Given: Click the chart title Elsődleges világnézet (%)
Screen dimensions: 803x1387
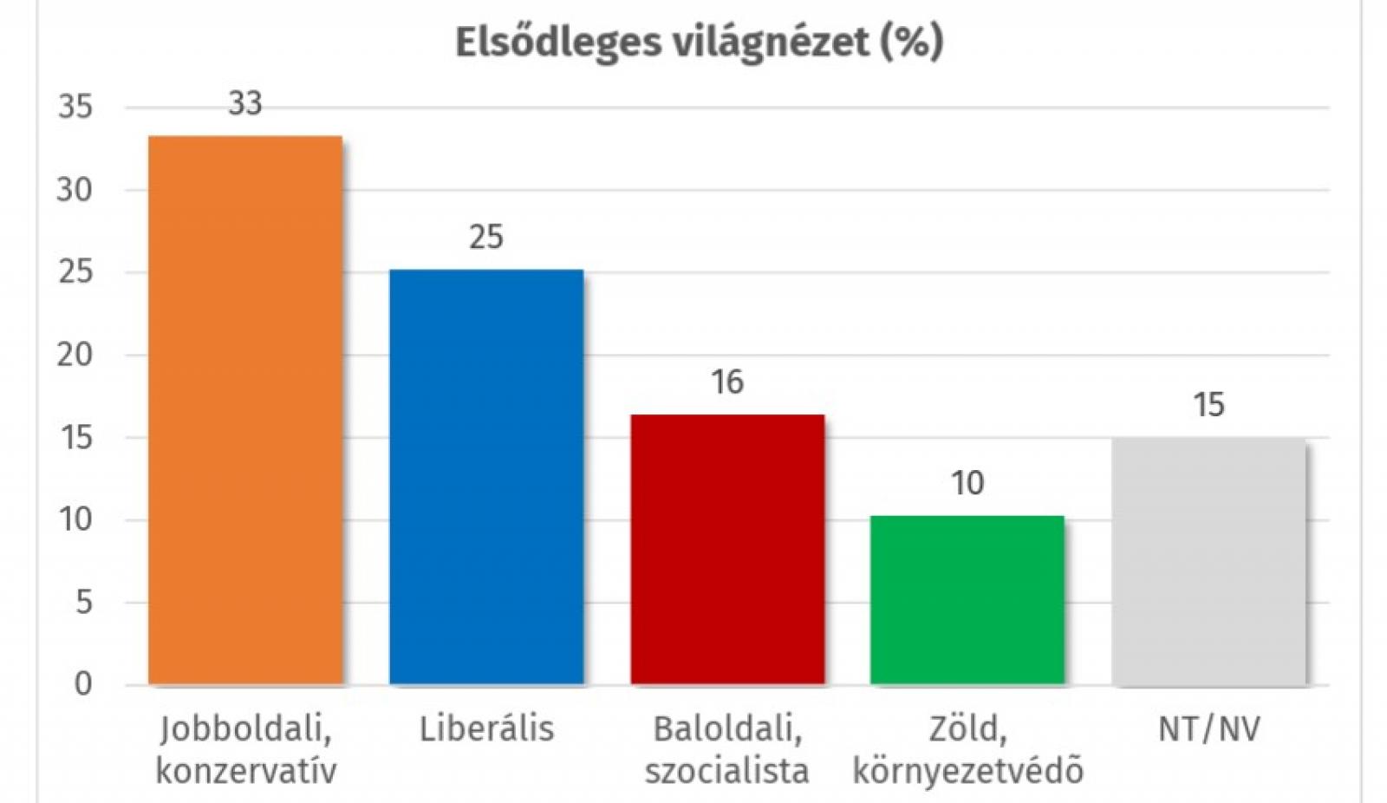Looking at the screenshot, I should (699, 42).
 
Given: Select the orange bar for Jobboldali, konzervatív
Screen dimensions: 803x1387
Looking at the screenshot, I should (245, 410).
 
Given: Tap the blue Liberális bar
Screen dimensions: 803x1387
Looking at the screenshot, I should (486, 477).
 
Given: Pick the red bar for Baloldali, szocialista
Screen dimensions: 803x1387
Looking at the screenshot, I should (727, 550).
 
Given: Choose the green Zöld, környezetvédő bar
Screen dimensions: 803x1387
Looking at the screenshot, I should (967, 600).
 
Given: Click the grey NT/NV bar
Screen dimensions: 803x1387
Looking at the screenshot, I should (1208, 561).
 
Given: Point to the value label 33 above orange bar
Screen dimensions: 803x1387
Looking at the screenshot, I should (245, 104).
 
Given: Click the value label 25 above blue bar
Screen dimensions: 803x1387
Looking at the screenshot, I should (486, 237).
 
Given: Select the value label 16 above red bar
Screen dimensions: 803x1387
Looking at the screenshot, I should (727, 382).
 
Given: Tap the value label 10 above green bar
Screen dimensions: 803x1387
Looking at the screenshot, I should (967, 483).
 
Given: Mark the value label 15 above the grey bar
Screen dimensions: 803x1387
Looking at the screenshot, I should (1208, 405).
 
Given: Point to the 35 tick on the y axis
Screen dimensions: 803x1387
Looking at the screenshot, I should (75, 108).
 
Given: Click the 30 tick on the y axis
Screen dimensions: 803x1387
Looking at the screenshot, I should (75, 190).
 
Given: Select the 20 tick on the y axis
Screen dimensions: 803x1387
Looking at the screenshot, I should (75, 355).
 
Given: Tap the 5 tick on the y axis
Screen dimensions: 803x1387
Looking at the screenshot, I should (83, 602).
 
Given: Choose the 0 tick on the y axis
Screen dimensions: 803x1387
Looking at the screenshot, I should (83, 684).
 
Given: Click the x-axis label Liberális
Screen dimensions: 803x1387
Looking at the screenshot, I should (486, 729).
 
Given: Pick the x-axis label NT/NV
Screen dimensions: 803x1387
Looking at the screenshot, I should (1208, 729).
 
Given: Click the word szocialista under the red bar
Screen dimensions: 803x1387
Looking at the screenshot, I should (726, 770).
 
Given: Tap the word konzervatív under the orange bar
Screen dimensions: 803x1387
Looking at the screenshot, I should (245, 770).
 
